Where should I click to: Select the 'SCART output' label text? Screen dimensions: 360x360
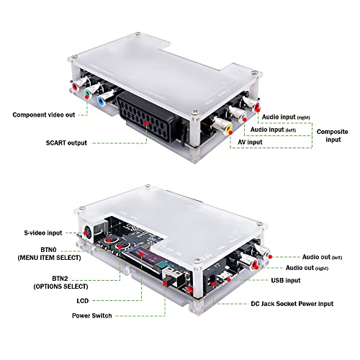pos(62,143)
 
